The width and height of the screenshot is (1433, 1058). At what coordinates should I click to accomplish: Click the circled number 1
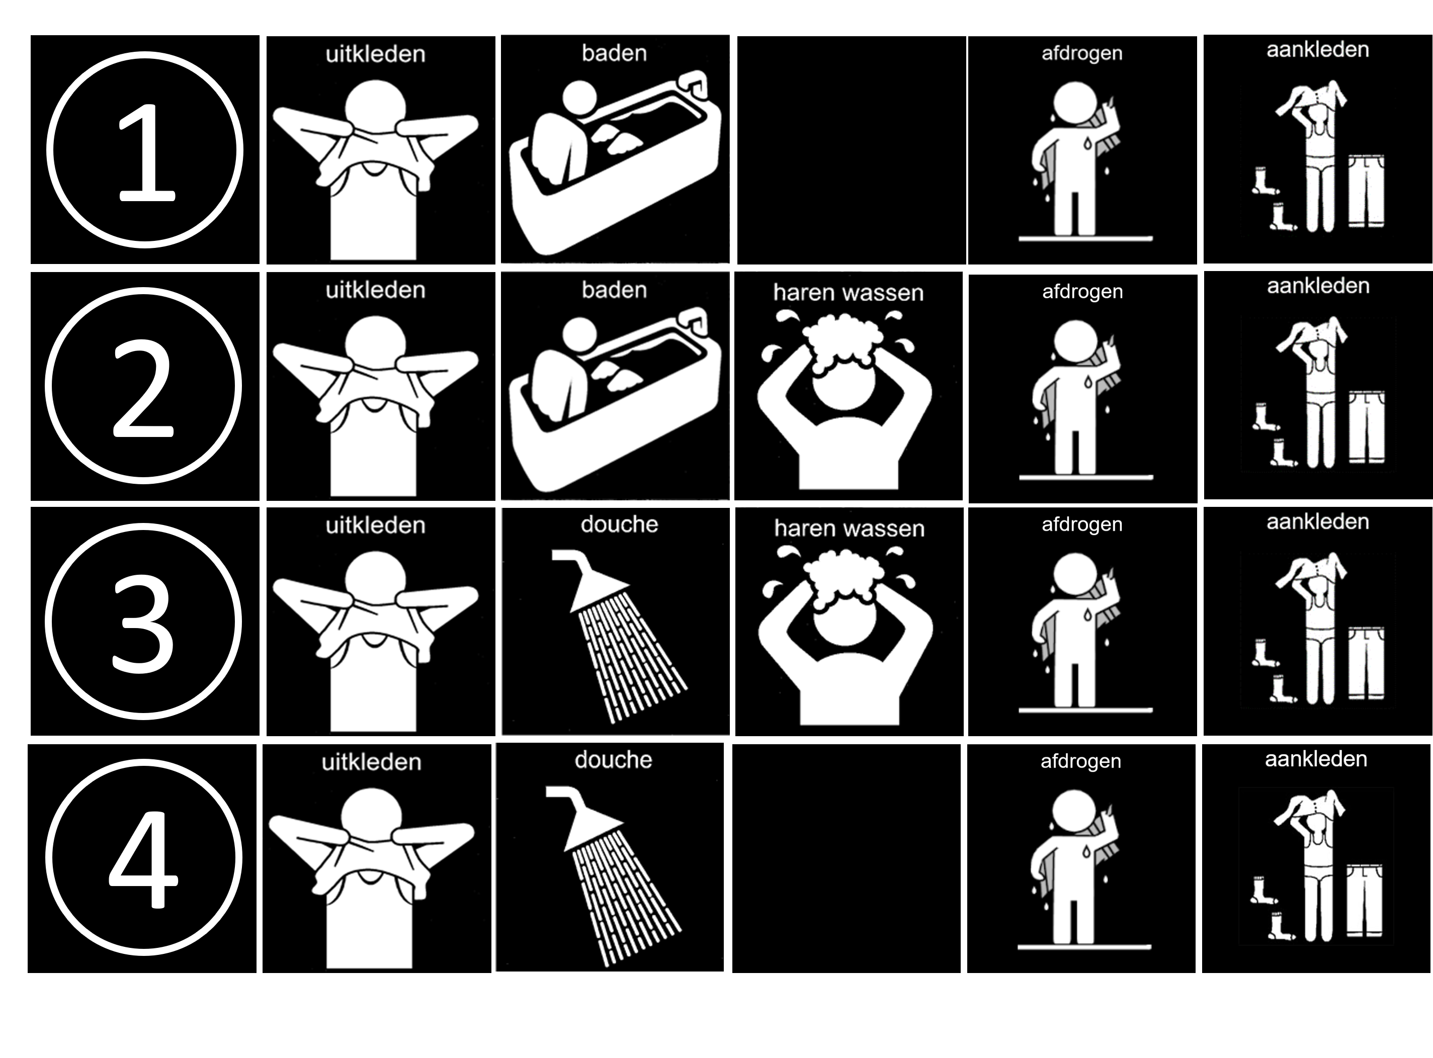tap(145, 150)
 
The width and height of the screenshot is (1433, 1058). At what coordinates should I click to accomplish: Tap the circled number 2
tap(143, 386)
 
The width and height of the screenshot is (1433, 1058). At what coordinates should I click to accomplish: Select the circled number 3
tap(143, 621)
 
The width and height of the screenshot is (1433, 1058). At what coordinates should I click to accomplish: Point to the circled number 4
tap(143, 857)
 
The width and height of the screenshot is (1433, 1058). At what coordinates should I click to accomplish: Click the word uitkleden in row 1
tap(375, 54)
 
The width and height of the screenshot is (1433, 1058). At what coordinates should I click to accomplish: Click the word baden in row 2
tap(614, 290)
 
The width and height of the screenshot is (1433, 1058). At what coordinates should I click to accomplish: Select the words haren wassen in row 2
tap(848, 293)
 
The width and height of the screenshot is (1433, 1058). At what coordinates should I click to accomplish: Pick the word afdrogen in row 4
tap(1081, 761)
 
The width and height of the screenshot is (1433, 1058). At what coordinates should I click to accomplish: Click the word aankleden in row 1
tap(1318, 50)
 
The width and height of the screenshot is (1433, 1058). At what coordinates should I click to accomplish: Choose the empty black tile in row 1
tap(852, 150)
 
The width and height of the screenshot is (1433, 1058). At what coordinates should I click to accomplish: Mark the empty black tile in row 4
tap(846, 858)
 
